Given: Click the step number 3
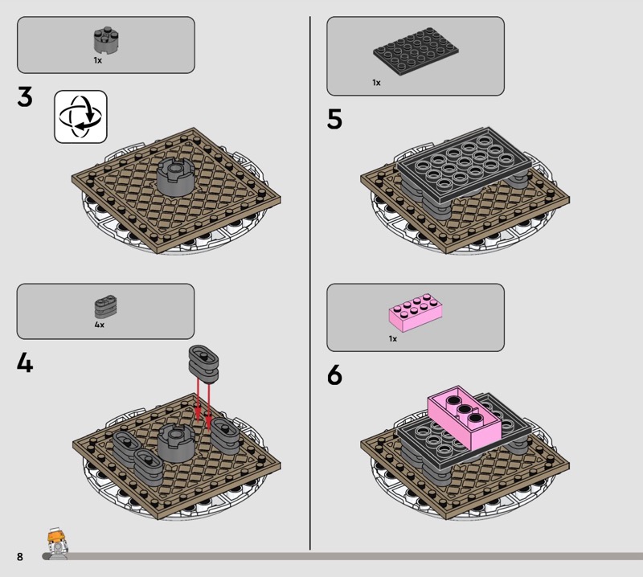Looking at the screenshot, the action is click(25, 97).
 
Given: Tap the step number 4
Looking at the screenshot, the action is click(25, 363).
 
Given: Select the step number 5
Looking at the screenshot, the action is click(334, 119).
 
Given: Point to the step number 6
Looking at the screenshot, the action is click(334, 374).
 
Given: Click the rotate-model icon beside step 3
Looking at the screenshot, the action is click(81, 117).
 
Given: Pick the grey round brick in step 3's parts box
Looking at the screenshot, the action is click(106, 41).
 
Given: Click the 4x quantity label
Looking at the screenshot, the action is click(99, 325).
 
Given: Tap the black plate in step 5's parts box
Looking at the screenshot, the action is click(416, 51).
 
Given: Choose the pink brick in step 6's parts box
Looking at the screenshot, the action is click(416, 313).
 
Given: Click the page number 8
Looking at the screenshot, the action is click(19, 556).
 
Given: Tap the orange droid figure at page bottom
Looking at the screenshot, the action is click(56, 544).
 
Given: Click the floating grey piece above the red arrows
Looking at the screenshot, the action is click(203, 364).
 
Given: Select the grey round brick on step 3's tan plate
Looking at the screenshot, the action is click(174, 176).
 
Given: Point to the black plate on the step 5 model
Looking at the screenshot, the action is click(465, 165).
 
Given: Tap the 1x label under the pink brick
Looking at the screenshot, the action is click(393, 339).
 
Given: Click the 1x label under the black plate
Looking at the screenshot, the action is click(376, 83).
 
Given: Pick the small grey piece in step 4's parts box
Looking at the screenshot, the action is click(106, 307).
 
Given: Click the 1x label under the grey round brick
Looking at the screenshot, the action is click(97, 60).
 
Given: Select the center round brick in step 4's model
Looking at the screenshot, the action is click(175, 443).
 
